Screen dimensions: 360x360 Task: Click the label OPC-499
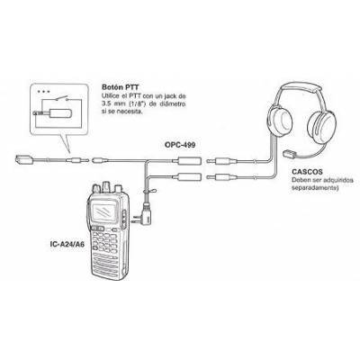click(180, 145)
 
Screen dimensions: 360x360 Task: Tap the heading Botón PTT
click(121, 87)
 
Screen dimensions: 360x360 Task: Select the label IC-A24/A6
click(67, 244)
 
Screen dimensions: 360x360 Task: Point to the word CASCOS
click(307, 172)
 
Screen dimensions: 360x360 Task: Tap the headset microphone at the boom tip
click(290, 154)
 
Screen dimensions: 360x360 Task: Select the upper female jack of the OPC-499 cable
click(189, 161)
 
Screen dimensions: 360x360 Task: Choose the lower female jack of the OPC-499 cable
click(189, 177)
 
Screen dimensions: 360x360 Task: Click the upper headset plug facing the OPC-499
click(220, 161)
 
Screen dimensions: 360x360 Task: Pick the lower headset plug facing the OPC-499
click(220, 177)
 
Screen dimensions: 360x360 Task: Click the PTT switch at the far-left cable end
click(23, 159)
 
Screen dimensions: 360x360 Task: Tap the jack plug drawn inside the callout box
click(52, 113)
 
